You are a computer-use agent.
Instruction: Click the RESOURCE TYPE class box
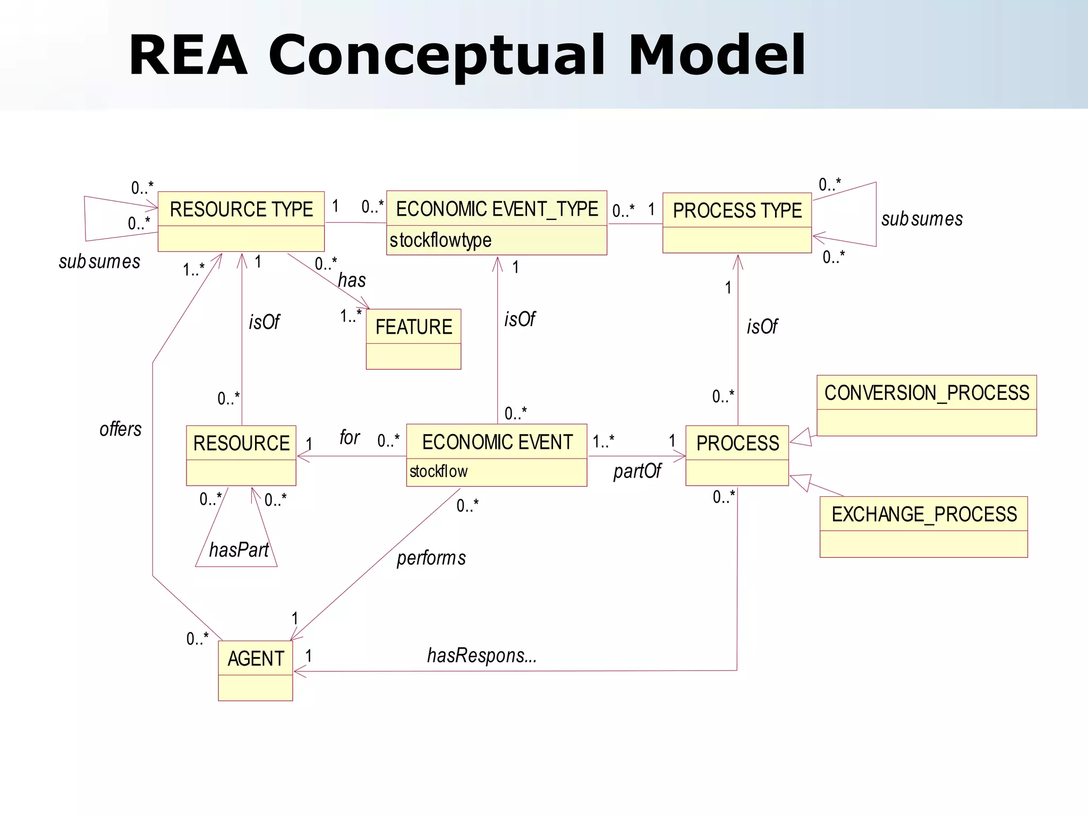tap(241, 222)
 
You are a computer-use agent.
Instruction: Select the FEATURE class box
tap(413, 339)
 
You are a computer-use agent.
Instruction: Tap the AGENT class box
tap(256, 670)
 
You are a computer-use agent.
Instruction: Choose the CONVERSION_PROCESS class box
tap(926, 405)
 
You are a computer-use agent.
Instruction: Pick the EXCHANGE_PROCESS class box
tap(923, 526)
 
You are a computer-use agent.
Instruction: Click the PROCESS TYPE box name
tap(737, 211)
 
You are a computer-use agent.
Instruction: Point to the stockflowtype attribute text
tap(440, 240)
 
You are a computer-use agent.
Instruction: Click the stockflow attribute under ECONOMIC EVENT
tap(438, 471)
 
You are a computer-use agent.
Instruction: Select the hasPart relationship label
tap(239, 550)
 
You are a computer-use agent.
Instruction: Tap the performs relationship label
tap(431, 558)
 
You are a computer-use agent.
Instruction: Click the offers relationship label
tap(121, 429)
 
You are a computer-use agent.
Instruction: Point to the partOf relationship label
tap(637, 471)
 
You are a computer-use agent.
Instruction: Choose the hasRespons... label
tap(482, 656)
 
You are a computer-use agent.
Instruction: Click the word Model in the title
tap(717, 55)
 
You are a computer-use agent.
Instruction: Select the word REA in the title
tap(188, 55)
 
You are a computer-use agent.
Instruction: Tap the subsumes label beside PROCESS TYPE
tap(922, 219)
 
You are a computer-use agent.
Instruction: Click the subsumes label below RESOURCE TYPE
tap(99, 261)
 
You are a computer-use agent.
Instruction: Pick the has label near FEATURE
tap(352, 280)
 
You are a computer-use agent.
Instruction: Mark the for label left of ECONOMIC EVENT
tap(350, 437)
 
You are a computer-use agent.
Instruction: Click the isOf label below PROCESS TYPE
tap(762, 327)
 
